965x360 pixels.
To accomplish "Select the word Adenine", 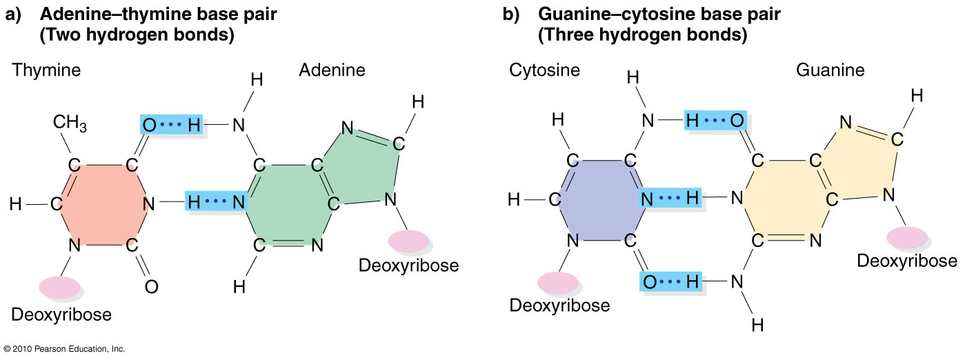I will tap(332, 70).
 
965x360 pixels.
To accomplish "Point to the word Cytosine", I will tap(545, 70).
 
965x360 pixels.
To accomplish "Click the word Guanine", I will tap(830, 70).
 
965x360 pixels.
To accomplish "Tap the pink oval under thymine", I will tap(59, 287).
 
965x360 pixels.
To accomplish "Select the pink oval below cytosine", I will tap(557, 282).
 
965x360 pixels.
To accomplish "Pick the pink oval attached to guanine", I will tap(906, 236).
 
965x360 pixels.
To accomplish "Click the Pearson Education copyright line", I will tap(64, 350).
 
